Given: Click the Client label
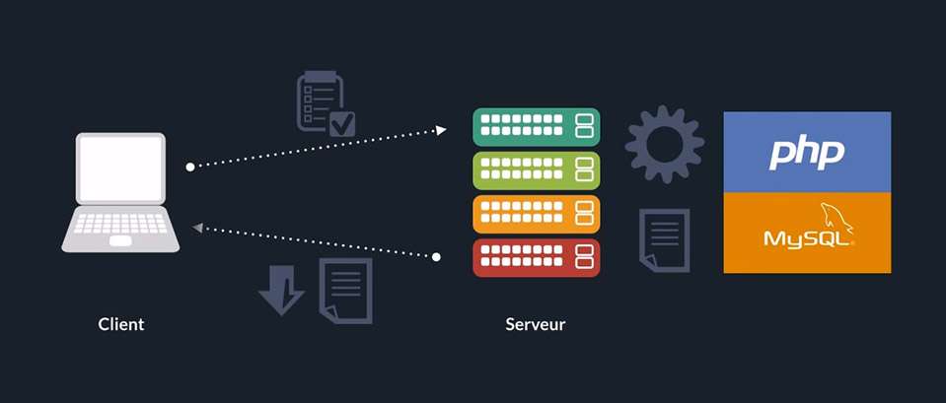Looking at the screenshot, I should click(121, 324).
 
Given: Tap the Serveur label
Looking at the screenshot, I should click(536, 324).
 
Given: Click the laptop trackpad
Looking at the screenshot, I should click(120, 240).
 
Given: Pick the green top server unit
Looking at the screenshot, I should click(537, 127).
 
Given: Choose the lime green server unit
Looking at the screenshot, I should click(537, 170).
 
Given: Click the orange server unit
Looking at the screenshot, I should click(537, 214).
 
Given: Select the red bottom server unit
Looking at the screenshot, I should click(537, 257).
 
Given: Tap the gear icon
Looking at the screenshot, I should click(664, 144).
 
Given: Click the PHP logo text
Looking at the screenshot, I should click(807, 152).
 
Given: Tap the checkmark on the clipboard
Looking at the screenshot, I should click(342, 123).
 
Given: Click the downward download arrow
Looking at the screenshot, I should click(281, 289).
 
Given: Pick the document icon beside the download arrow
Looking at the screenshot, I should click(345, 290).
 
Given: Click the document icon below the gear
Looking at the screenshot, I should click(664, 240).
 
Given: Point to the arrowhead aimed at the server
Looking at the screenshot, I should click(441, 129).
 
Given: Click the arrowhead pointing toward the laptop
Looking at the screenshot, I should click(198, 228).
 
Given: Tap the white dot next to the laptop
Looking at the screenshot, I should click(190, 167).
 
